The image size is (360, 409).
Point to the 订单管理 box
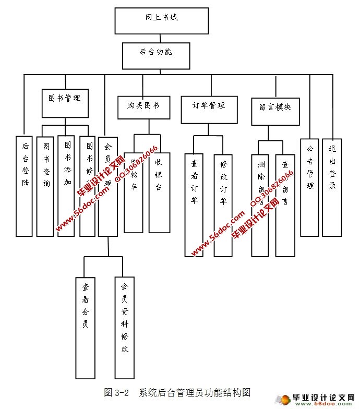click(209, 110)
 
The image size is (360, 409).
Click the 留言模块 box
click(275, 111)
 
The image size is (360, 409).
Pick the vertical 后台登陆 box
click(25, 185)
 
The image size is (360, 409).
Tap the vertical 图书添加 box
click(66, 185)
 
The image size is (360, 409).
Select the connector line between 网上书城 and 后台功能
click(155, 38)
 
